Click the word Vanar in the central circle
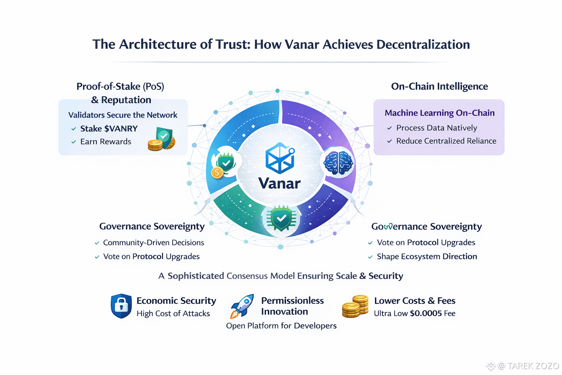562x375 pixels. (x=279, y=183)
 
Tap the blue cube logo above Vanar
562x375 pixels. (x=280, y=158)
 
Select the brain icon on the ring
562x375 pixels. (x=338, y=163)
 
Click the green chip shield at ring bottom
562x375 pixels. (x=281, y=219)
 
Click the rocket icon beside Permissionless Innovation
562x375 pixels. (x=242, y=306)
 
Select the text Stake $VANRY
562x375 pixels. (x=109, y=129)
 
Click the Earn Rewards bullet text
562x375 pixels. (x=105, y=142)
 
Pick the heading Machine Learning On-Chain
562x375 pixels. (x=439, y=113)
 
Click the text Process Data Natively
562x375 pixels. (x=437, y=128)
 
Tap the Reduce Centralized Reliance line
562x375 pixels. (x=446, y=141)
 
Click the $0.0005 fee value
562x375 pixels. (x=426, y=313)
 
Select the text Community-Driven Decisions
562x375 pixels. (x=153, y=242)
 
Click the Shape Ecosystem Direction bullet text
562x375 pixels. (x=427, y=256)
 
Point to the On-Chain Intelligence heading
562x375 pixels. (x=439, y=86)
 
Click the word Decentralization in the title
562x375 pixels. (x=423, y=44)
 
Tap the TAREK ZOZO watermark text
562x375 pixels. (x=533, y=366)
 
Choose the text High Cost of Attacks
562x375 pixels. (x=173, y=313)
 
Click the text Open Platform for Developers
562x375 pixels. (x=281, y=326)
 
